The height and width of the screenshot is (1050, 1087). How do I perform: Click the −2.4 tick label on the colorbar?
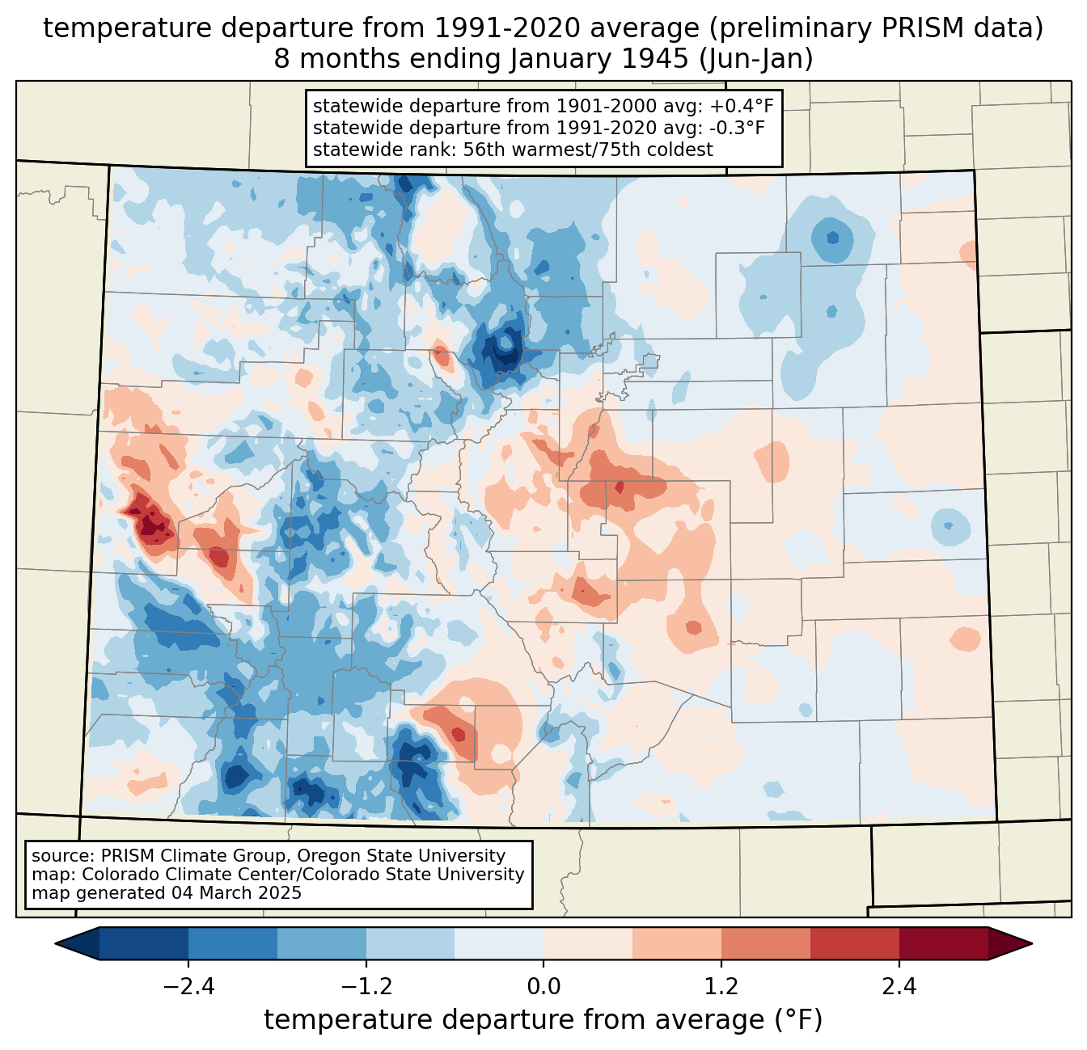(188, 987)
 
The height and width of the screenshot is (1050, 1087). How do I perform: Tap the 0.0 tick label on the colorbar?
(543, 987)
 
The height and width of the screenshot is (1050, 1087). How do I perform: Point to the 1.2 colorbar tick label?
(721, 987)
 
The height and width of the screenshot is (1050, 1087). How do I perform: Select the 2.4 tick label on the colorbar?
(899, 987)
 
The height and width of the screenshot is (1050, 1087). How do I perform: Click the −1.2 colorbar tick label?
(366, 987)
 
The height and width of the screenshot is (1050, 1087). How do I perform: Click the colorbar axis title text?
(543, 1020)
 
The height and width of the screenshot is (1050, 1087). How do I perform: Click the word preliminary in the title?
(771, 28)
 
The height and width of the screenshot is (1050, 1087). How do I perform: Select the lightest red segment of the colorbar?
(588, 943)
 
